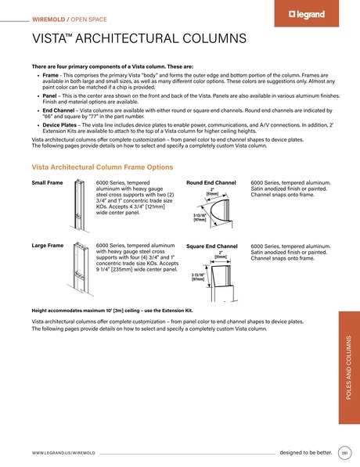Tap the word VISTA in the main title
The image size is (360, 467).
(x=51, y=38)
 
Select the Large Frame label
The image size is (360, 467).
(x=48, y=246)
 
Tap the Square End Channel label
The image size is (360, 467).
(x=212, y=246)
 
